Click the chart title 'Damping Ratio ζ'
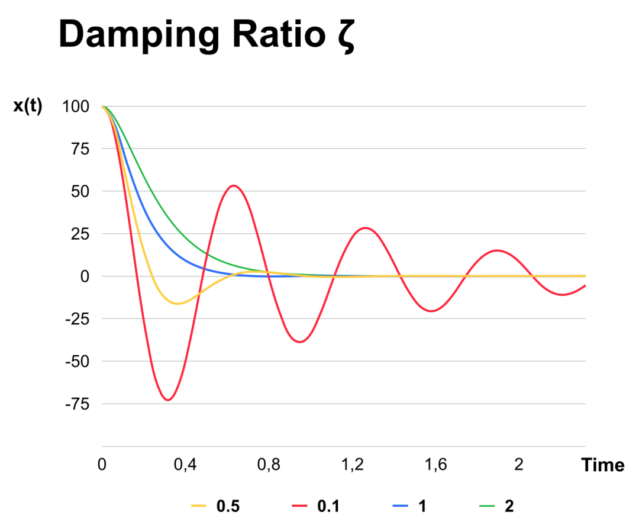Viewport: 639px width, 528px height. click(206, 35)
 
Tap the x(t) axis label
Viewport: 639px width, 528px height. click(28, 107)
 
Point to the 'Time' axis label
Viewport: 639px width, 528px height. click(602, 465)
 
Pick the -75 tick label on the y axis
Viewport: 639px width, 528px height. click(76, 404)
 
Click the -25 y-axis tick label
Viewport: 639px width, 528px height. click(76, 319)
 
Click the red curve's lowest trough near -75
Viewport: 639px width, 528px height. click(169, 400)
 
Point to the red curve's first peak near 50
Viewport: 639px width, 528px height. click(234, 186)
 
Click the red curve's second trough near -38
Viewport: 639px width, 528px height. click(301, 342)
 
